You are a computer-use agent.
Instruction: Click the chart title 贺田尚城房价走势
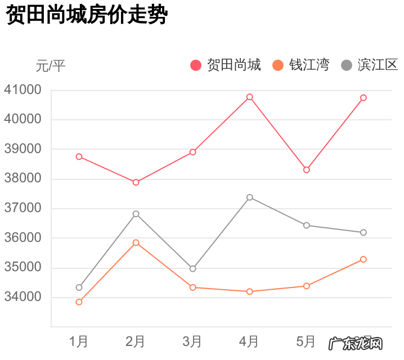[87, 16]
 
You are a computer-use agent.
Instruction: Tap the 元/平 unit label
[51, 66]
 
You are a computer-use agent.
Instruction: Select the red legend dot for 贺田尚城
[196, 65]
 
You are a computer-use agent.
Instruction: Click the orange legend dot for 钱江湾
[278, 65]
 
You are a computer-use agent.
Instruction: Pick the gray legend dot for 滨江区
[347, 65]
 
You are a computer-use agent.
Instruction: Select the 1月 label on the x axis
[79, 341]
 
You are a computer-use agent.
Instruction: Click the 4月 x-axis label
[249, 341]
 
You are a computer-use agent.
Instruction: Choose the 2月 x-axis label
[136, 341]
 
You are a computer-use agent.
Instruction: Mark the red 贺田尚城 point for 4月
[250, 97]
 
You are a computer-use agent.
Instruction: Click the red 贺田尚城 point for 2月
[136, 182]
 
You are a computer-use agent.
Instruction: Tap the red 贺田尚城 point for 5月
[307, 170]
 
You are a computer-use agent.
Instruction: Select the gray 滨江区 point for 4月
[250, 197]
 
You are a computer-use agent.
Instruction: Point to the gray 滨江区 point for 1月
[79, 287]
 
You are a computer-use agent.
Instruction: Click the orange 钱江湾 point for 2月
[136, 242]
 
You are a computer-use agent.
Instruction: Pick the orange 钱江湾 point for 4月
[250, 291]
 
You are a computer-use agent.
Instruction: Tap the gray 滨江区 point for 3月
[193, 269]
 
